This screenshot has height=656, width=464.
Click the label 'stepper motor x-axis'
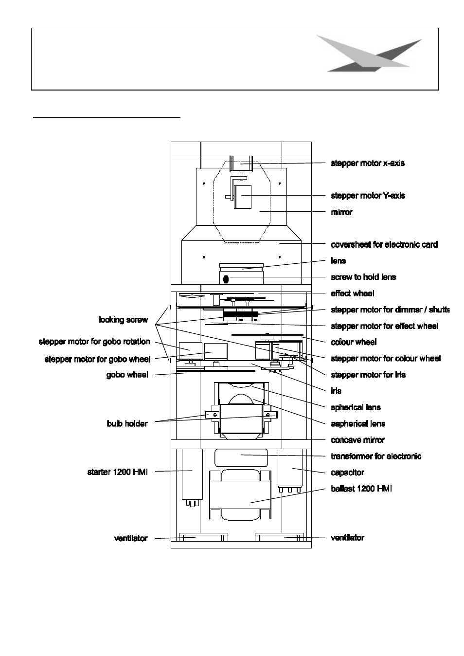tap(368, 163)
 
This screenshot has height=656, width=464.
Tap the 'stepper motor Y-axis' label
tap(368, 196)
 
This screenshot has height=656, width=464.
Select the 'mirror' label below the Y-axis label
tap(341, 212)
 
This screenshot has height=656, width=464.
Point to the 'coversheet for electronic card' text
tap(384, 244)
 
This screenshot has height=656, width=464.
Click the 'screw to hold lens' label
tap(363, 277)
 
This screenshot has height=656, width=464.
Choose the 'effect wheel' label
tap(353, 293)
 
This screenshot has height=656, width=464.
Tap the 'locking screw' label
tap(123, 320)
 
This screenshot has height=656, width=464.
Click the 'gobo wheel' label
tap(127, 375)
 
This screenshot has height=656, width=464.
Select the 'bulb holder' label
tap(127, 423)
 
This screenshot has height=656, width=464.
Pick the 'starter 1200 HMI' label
tap(118, 472)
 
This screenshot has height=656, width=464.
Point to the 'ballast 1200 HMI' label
tap(361, 489)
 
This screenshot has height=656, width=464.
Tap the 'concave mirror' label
tap(358, 440)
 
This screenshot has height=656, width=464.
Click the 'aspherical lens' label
tap(358, 423)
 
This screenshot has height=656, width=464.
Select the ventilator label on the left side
tap(131, 538)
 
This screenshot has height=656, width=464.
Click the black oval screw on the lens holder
tap(226, 279)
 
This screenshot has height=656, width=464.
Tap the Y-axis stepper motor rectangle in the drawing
tap(243, 197)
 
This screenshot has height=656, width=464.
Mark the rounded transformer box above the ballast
tap(241, 458)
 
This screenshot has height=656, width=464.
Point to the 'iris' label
tap(336, 391)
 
